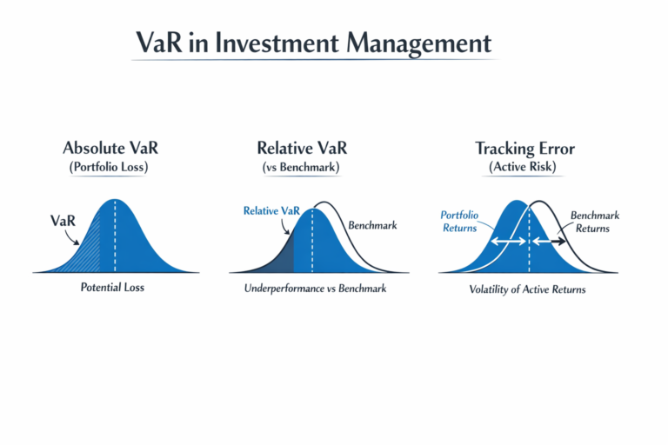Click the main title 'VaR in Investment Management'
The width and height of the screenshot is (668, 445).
313,43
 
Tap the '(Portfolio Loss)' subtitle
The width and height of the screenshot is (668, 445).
109,167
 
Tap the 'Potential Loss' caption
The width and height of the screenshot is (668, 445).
114,287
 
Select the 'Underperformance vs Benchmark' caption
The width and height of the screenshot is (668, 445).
315,287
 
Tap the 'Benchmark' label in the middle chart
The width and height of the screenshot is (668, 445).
372,225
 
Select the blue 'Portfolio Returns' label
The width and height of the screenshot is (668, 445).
460,222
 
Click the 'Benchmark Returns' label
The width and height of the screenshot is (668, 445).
591,222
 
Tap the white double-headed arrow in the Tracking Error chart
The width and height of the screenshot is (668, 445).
509,241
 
